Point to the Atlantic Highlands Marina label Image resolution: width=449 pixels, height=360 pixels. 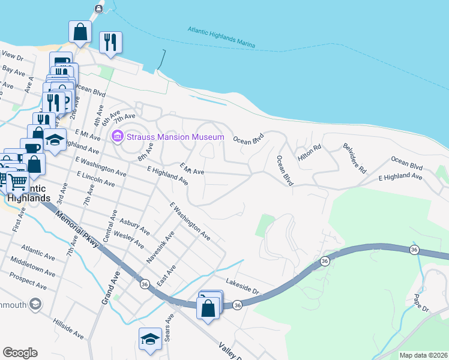point(221,37)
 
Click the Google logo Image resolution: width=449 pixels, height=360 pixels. point(20,352)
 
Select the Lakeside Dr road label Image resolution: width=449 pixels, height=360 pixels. point(242,285)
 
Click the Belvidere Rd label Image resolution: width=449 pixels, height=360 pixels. point(354,158)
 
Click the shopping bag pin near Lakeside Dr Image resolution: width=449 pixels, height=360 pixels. point(208,308)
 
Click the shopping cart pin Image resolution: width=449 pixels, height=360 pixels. point(18,181)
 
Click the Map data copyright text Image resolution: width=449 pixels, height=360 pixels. point(423,355)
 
